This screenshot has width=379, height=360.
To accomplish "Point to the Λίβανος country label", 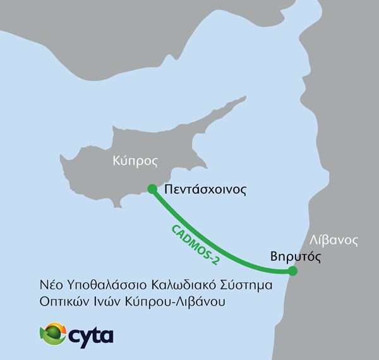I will [x=335, y=240].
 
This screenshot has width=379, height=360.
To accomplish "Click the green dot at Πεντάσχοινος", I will [x=152, y=188].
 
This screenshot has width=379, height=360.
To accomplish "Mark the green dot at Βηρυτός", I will [x=292, y=272].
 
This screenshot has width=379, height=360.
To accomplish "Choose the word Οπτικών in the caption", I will [x=59, y=303].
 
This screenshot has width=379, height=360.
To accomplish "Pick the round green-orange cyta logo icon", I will [x=53, y=333].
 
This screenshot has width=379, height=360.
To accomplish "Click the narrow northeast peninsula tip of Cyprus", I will [x=243, y=99].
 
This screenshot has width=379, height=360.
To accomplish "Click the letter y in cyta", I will [x=85, y=335].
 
